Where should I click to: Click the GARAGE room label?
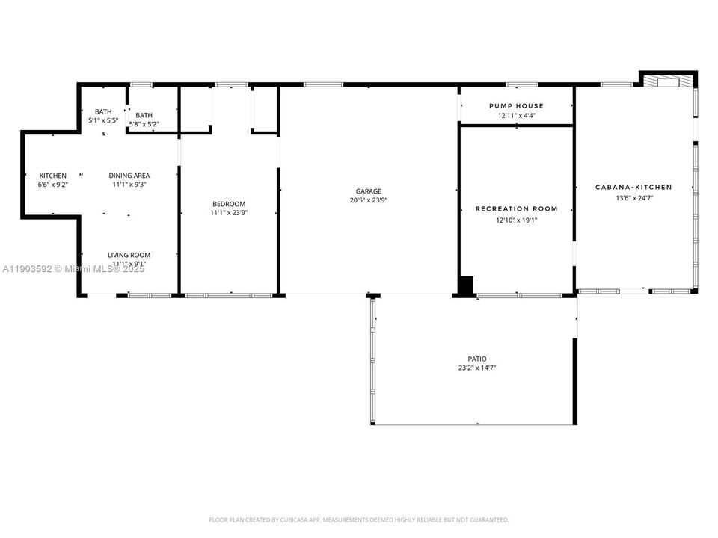coord(369,191)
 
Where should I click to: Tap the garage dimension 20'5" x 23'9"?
coord(369,200)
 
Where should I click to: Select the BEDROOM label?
coord(228,204)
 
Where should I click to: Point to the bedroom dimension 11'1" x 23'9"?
coord(228,213)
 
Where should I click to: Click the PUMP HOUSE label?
coord(516,106)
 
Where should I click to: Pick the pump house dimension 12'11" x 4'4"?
coord(516,116)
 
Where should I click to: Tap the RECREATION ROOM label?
coord(517,209)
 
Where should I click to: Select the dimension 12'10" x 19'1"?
coord(517,220)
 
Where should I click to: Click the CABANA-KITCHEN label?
coord(633,188)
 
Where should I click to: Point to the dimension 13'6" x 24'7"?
coord(633,198)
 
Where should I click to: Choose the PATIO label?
coord(477,359)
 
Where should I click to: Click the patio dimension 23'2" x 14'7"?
coord(477,368)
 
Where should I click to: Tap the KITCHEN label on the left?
coord(52,176)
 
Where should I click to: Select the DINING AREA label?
coord(129,176)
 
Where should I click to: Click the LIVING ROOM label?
coord(129,255)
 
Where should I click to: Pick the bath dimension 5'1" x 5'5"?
coord(103,120)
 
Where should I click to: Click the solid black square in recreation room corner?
coord(466,286)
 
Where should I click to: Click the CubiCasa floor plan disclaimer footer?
coord(358,519)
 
